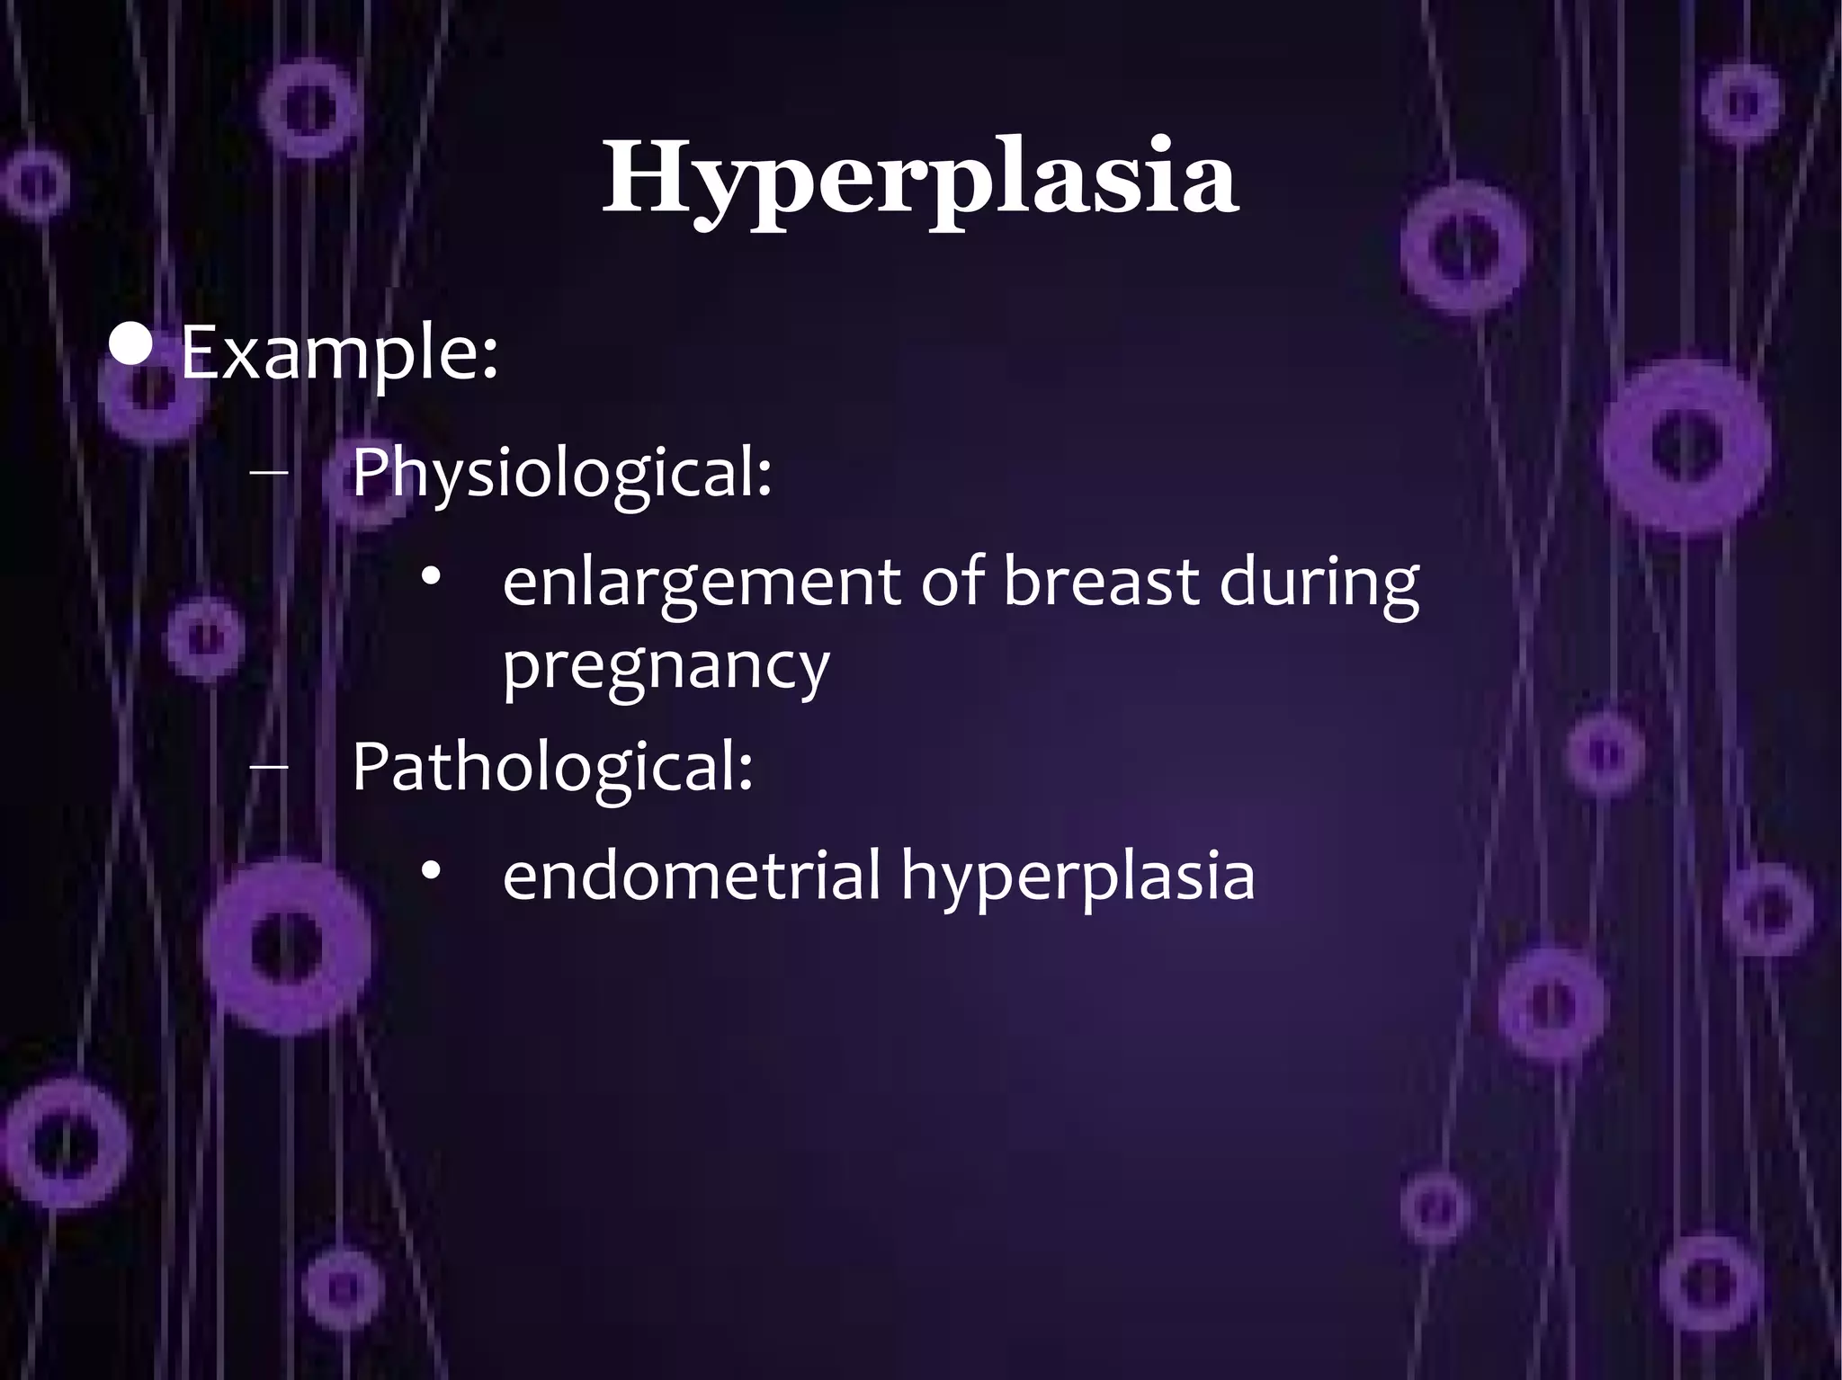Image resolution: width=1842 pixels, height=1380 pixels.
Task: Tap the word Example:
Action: pos(339,354)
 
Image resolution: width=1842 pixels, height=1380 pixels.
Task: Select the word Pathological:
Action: pos(551,766)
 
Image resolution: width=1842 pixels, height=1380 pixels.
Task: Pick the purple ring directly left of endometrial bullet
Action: pos(285,949)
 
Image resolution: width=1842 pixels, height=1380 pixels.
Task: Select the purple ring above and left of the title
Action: pos(306,108)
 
